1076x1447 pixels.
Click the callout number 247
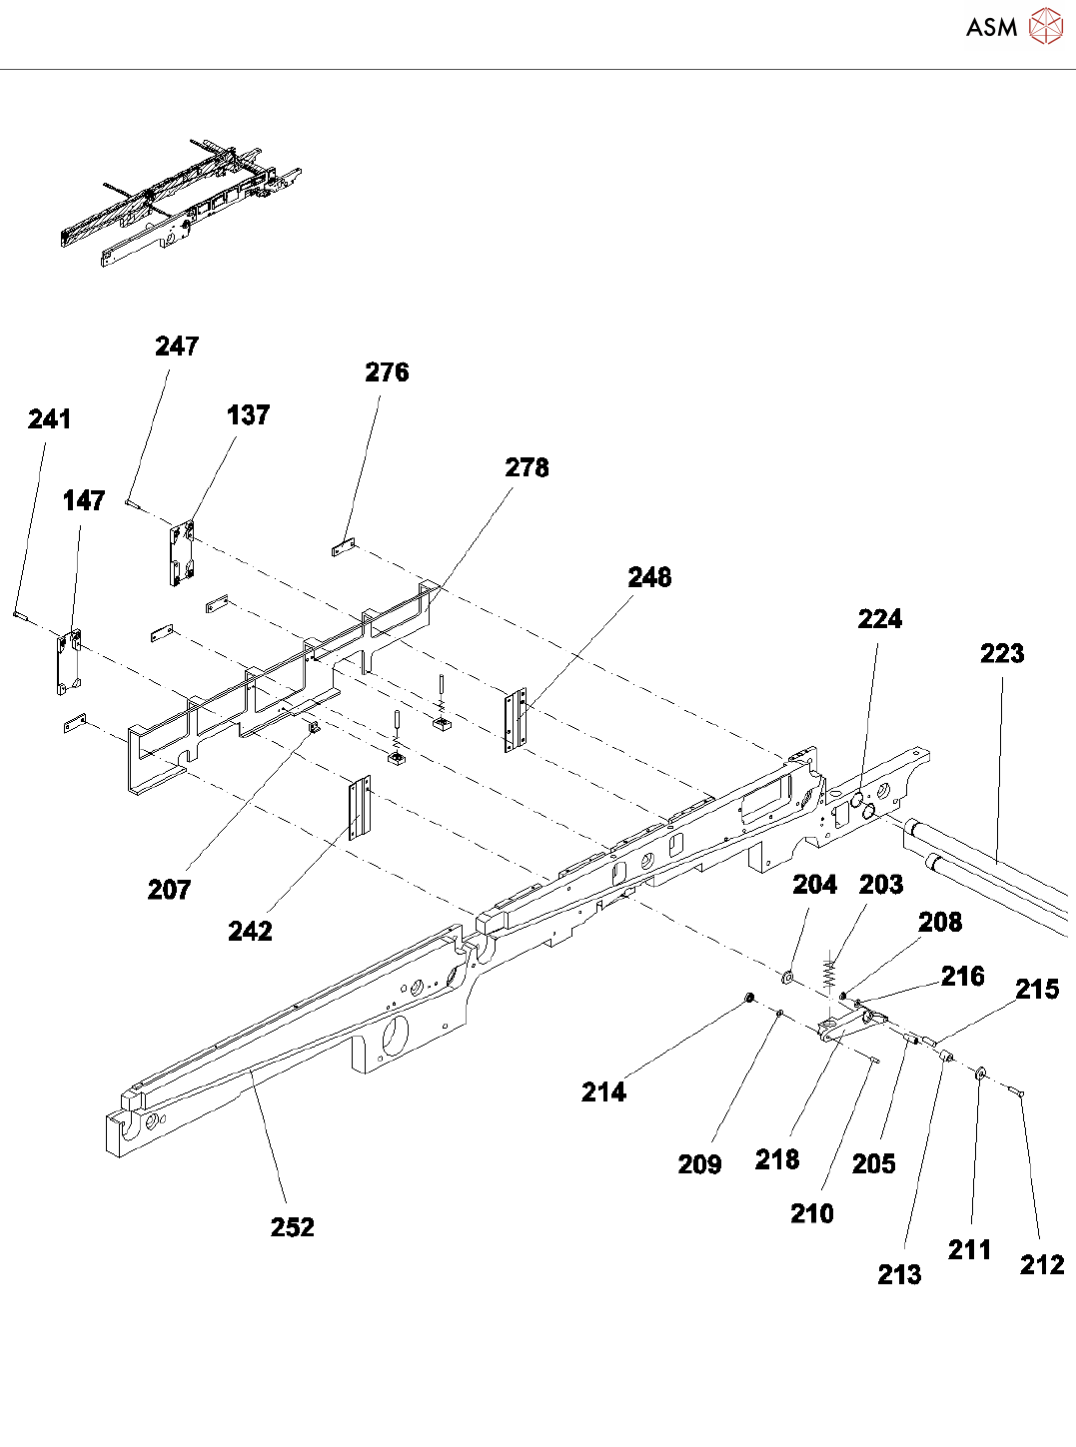tap(177, 346)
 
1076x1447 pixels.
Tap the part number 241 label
tap(50, 418)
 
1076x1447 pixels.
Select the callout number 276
tap(387, 371)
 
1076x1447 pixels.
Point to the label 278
tap(527, 467)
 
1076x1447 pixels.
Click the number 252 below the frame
tap(292, 1226)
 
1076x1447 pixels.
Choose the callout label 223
tap(1002, 653)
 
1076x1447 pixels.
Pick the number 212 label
tap(1042, 1264)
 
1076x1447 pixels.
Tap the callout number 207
tap(169, 889)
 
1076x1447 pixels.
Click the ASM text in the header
tap(991, 27)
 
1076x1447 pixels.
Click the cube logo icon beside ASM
tap(1045, 27)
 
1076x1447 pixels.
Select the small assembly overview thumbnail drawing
tap(180, 203)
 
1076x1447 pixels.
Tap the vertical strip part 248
tap(516, 719)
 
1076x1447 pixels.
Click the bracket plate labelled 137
tap(181, 551)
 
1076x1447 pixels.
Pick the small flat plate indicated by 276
tap(344, 547)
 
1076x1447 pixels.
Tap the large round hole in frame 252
tap(393, 1032)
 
